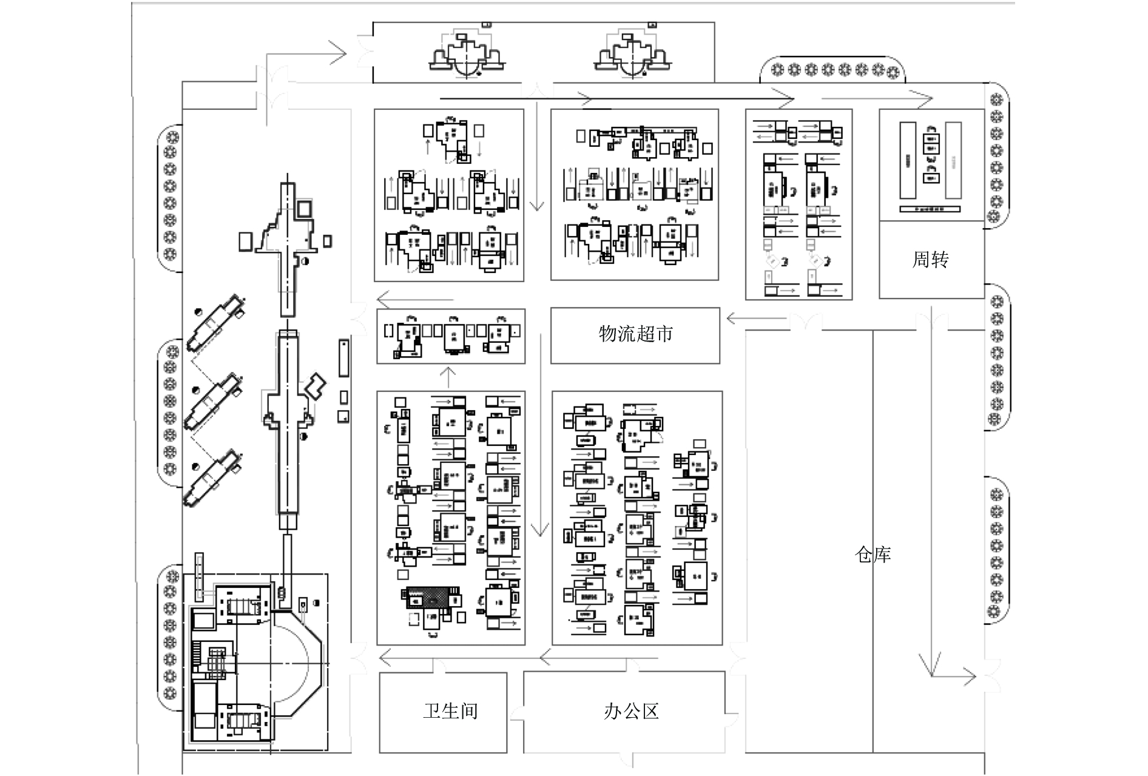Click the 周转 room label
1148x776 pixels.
coord(930,260)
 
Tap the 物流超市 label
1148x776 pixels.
coord(635,334)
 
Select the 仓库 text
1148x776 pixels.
coord(873,554)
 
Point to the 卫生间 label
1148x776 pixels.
coord(450,710)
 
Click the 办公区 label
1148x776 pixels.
coord(631,710)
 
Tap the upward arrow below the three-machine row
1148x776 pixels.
coord(448,377)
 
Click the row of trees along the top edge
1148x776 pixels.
coord(833,70)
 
